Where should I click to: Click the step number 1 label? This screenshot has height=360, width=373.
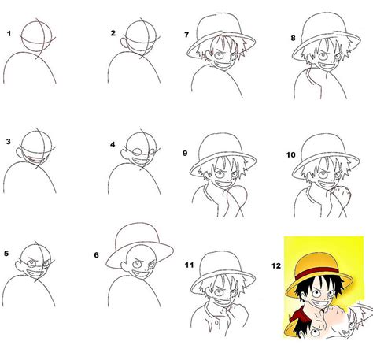pyautogui.click(x=9, y=34)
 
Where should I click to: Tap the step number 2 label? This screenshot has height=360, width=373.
pyautogui.click(x=113, y=33)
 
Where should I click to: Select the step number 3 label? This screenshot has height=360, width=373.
pyautogui.click(x=9, y=143)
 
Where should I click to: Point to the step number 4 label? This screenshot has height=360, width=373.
pyautogui.click(x=113, y=144)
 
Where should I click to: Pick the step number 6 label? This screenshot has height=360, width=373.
pyautogui.click(x=97, y=254)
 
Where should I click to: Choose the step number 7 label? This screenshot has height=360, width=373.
pyautogui.click(x=186, y=35)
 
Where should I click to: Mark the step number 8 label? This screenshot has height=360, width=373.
pyautogui.click(x=294, y=37)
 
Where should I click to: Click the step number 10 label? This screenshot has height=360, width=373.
pyautogui.click(x=291, y=156)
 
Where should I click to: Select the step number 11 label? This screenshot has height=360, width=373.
pyautogui.click(x=187, y=265)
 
